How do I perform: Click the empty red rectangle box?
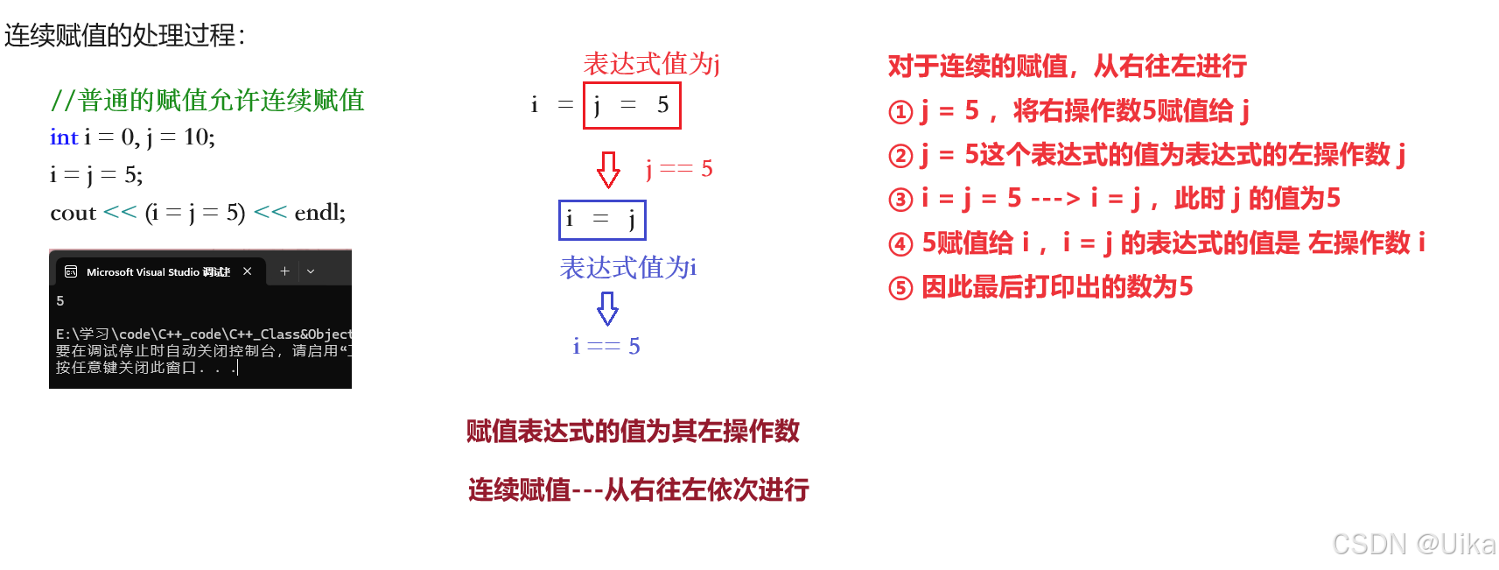click(632, 106)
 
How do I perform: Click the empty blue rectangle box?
click(602, 220)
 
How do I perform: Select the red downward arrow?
click(608, 169)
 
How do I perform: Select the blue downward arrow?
click(607, 308)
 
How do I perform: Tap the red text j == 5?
click(679, 168)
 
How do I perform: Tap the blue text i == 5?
click(606, 347)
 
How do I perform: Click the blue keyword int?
click(64, 137)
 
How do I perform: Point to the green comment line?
click(207, 101)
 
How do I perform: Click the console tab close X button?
click(248, 271)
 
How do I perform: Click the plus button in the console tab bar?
click(284, 271)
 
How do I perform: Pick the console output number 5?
click(60, 301)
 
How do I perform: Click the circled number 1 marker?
click(900, 112)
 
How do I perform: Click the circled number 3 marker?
click(900, 200)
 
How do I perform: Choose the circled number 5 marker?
click(900, 288)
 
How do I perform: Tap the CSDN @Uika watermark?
click(1411, 544)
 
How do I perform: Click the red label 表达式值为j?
click(651, 64)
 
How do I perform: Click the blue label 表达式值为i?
click(627, 268)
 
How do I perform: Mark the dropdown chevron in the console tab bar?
click(311, 271)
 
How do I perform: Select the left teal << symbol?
click(120, 212)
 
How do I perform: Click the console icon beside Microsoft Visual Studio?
click(71, 272)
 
